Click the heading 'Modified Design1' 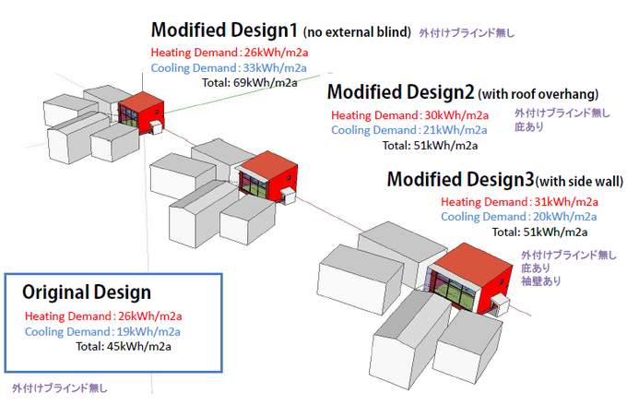click(x=224, y=30)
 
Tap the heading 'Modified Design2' click(x=401, y=92)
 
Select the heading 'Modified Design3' click(x=460, y=179)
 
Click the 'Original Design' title click(x=87, y=292)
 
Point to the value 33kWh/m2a click(x=275, y=68)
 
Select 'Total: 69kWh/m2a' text click(x=250, y=83)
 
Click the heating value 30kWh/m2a click(x=456, y=115)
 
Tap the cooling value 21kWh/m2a click(x=455, y=130)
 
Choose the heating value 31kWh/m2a click(x=566, y=202)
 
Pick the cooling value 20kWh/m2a click(x=565, y=217)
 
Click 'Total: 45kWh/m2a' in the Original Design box click(x=124, y=346)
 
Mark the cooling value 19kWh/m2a click(x=148, y=332)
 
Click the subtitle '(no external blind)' click(x=357, y=32)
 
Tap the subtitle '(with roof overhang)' click(x=538, y=94)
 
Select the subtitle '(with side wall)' click(x=579, y=182)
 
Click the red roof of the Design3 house click(x=472, y=264)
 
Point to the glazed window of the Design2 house click(x=253, y=184)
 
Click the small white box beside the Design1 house click(x=156, y=127)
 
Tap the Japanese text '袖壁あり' click(x=540, y=281)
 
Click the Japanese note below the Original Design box click(x=60, y=387)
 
